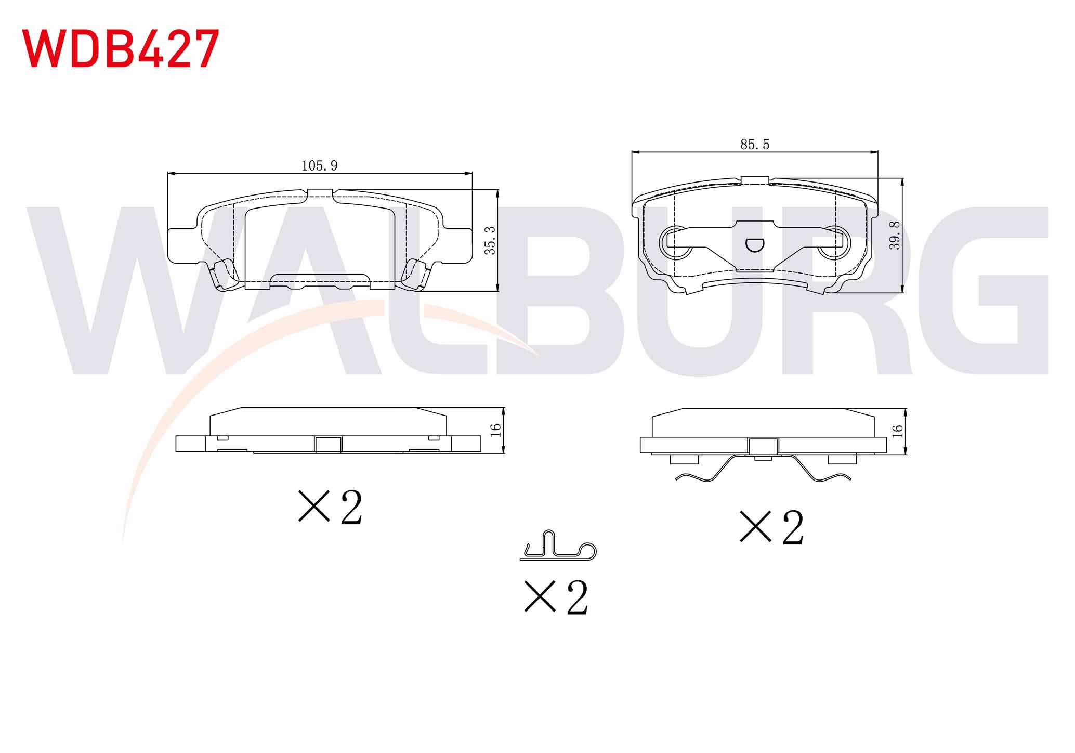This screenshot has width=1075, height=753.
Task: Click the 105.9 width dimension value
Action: (320, 165)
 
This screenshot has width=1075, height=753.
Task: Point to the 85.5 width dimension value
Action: (755, 144)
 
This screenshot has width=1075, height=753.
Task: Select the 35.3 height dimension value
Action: (490, 240)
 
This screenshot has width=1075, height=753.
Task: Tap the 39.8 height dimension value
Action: (894, 236)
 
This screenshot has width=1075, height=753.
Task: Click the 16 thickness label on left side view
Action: (495, 430)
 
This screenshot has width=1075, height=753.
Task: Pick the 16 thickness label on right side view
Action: (897, 431)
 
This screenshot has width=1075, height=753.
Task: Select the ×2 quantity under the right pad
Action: (771, 527)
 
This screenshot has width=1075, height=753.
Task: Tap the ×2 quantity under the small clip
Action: (556, 598)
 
